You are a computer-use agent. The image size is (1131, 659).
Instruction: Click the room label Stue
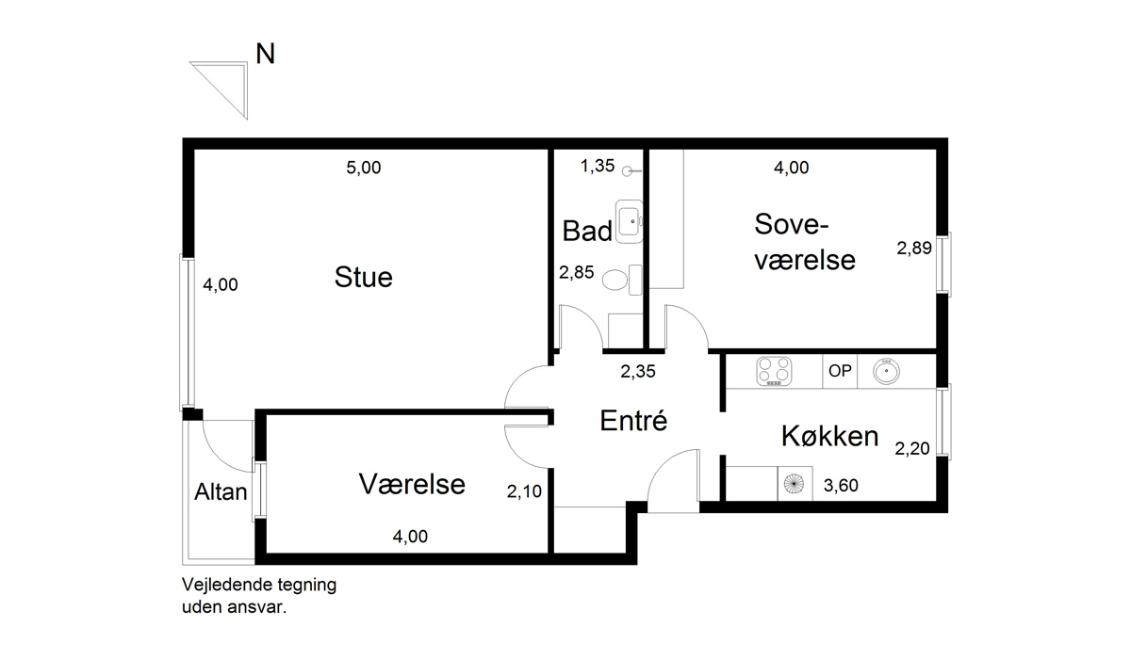click(x=363, y=278)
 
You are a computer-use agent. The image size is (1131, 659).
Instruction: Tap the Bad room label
click(x=586, y=231)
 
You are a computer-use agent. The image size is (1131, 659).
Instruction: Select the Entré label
click(x=633, y=421)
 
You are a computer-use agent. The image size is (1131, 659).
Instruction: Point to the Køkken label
click(x=829, y=436)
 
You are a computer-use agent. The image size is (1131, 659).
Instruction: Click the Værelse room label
click(x=412, y=484)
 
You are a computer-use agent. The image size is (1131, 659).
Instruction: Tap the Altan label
click(x=221, y=490)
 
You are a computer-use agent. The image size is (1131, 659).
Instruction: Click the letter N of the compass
click(x=266, y=55)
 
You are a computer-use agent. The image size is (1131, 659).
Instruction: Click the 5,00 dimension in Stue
click(x=364, y=169)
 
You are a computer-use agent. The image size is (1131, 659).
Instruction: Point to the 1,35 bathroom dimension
click(x=597, y=167)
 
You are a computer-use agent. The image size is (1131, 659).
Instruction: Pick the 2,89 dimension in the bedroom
click(x=913, y=249)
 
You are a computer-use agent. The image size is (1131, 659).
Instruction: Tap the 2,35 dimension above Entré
click(x=637, y=371)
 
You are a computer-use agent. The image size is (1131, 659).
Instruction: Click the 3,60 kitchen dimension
click(x=841, y=486)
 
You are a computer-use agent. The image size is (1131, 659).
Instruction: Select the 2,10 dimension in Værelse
click(x=524, y=490)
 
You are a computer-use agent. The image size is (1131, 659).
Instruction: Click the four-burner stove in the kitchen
click(x=776, y=371)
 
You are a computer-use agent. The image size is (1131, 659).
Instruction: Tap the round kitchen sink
click(x=886, y=371)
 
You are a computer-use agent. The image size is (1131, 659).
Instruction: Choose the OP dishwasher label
click(x=839, y=371)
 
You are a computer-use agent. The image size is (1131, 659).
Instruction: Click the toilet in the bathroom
click(x=617, y=280)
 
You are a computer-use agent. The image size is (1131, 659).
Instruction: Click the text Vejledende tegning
click(x=258, y=585)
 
